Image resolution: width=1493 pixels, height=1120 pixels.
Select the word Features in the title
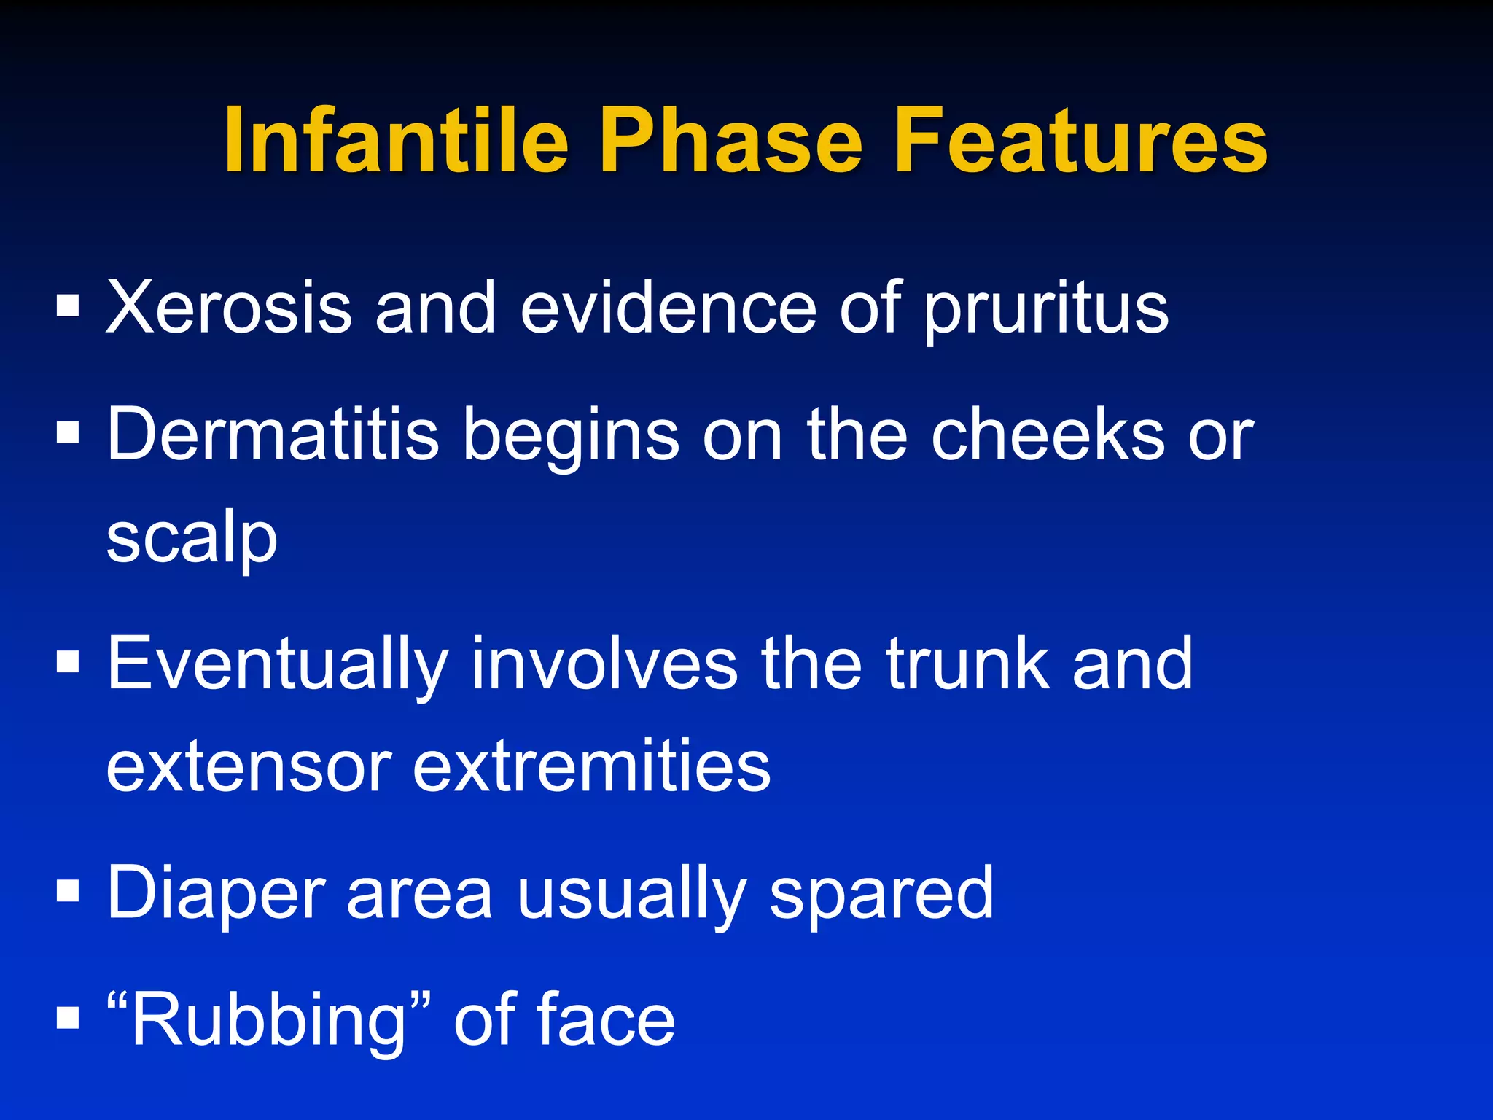1081,140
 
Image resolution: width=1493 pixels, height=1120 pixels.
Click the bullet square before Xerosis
67,307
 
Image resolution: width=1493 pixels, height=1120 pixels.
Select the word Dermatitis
273,435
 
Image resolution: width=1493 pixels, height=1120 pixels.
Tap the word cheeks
1048,435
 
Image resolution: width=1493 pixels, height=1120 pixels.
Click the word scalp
192,540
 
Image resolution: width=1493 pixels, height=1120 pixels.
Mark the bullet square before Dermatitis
67,434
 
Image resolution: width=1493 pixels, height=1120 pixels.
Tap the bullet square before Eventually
67,663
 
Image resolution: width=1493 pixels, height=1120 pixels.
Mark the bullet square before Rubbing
67,1017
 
